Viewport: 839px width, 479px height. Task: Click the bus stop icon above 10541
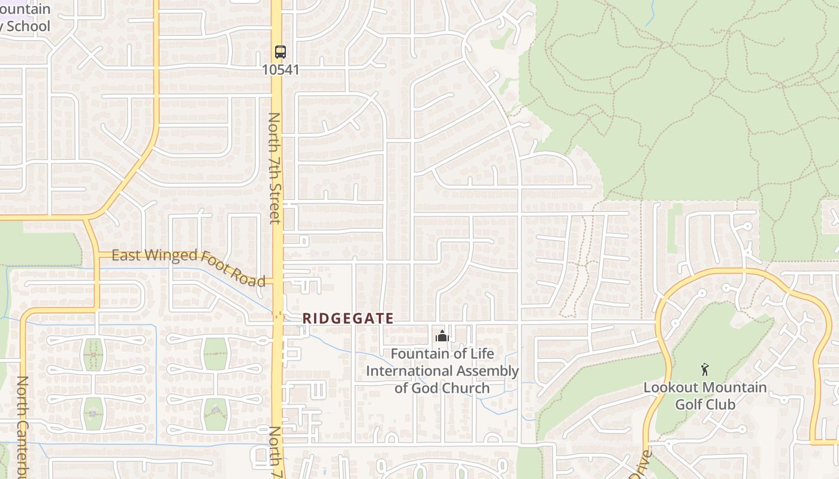coord(280,52)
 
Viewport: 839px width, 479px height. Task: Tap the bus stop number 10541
coord(280,70)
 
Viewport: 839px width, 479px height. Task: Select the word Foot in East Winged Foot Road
coord(213,266)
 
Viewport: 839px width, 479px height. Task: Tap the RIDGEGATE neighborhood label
coord(348,319)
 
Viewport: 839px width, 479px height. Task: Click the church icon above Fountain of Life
coord(442,336)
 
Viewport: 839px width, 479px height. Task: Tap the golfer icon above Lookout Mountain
coord(705,369)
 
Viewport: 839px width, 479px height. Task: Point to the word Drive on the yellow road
coord(642,465)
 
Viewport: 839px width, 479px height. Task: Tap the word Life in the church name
coord(482,354)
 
